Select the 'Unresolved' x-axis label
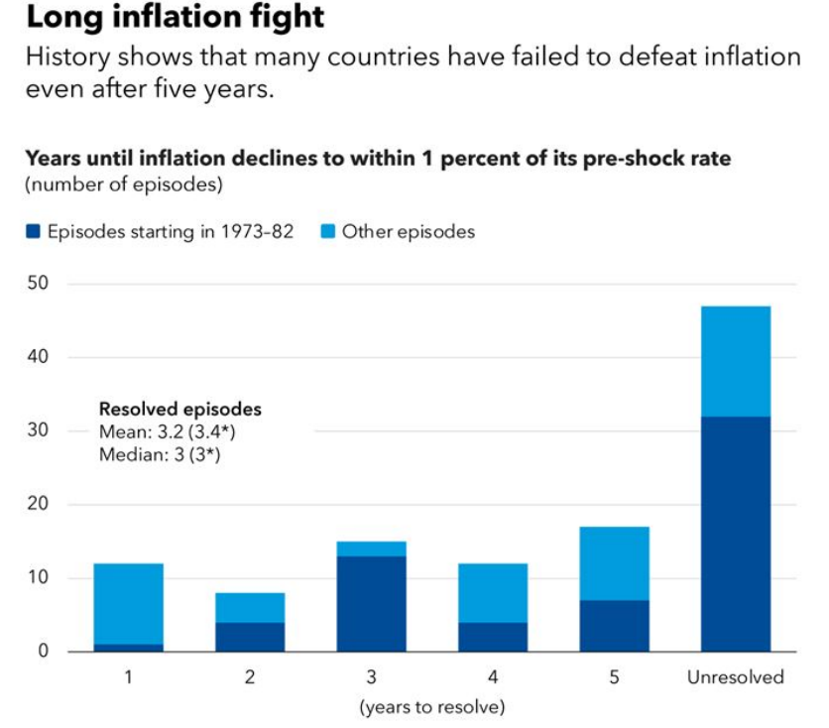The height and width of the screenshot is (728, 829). click(735, 678)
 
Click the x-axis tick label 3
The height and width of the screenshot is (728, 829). click(371, 678)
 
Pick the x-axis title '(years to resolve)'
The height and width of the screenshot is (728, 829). click(431, 707)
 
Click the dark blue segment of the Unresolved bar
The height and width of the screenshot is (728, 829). click(735, 534)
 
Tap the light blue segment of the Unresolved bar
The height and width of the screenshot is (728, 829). click(735, 361)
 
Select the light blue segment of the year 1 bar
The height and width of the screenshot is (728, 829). click(128, 603)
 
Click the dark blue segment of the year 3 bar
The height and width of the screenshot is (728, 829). click(371, 603)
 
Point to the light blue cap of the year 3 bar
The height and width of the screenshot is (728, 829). click(371, 548)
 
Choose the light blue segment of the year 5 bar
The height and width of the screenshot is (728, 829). click(614, 562)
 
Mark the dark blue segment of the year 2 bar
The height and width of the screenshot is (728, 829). click(250, 637)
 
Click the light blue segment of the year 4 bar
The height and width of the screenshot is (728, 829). click(493, 592)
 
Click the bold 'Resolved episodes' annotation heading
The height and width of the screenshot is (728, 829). click(179, 409)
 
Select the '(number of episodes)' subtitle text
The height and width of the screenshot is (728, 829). click(123, 184)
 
